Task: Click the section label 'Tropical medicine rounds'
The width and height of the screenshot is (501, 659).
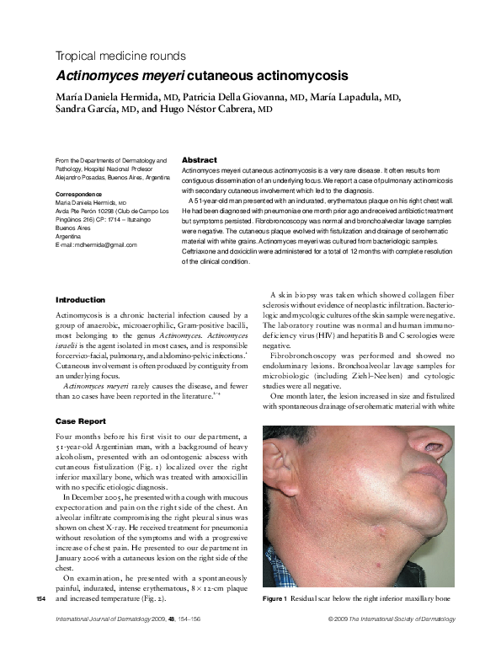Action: click(x=120, y=56)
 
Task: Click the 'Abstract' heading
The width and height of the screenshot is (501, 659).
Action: click(x=200, y=160)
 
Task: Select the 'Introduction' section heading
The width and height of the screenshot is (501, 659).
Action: click(x=81, y=299)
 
